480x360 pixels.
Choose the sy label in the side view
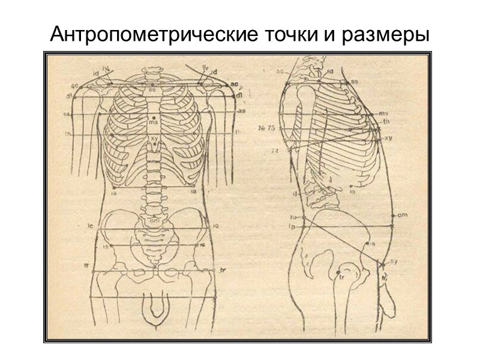coord(393,261)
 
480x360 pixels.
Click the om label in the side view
coord(403,214)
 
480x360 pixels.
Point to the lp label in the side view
coord(293,227)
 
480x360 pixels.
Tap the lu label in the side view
coord(293,217)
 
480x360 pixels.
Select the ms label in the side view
coord(384,113)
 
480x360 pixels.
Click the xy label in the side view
coord(388,137)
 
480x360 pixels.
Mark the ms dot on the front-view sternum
coord(154,116)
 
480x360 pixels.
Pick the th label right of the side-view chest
coord(386,122)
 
